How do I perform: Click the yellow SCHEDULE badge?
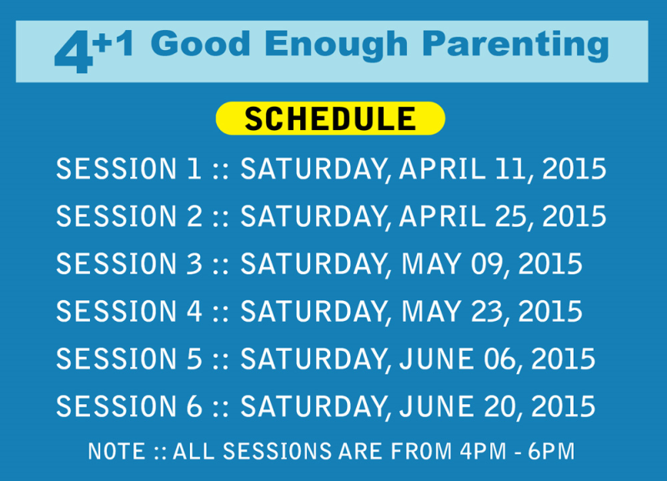coord(330,118)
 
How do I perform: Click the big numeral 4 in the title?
coord(73,52)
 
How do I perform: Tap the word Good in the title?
coord(201,43)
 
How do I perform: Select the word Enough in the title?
coord(336,46)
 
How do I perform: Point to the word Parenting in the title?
coord(515,46)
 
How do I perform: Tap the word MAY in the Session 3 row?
coord(431,263)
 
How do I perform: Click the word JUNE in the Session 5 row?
coord(436,359)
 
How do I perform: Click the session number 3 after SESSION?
coord(194,263)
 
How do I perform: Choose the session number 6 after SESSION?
coord(194,407)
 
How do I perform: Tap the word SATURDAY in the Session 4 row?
coord(313,311)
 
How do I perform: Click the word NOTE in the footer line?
coord(116,451)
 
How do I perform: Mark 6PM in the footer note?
coord(551,451)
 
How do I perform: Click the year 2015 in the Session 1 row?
coord(574,169)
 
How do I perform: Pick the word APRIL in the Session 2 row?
coord(442,216)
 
